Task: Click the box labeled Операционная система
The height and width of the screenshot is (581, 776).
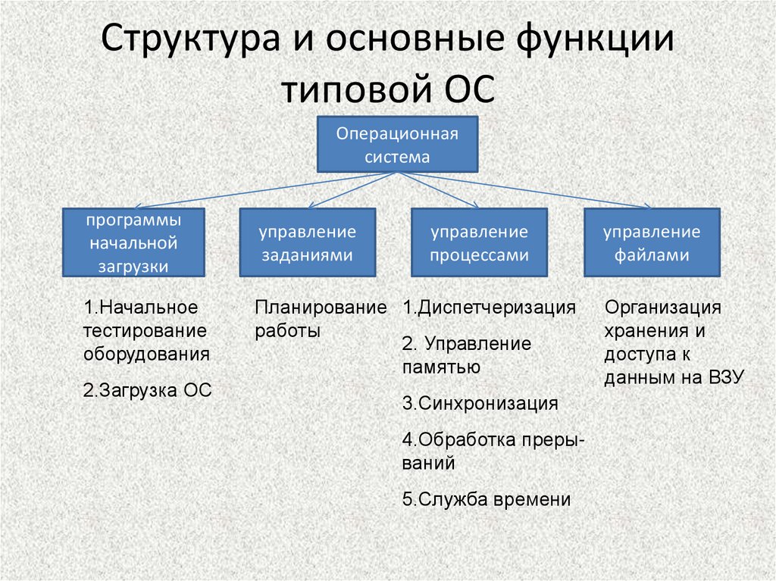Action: [397, 145]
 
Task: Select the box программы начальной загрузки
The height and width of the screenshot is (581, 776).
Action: [133, 242]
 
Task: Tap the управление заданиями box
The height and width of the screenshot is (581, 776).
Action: [308, 242]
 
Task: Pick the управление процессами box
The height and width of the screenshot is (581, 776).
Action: [479, 242]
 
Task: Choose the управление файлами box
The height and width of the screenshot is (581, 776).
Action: [652, 242]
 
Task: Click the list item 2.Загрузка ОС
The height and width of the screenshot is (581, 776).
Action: [147, 390]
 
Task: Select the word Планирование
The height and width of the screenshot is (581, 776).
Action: [321, 308]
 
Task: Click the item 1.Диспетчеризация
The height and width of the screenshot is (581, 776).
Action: [489, 308]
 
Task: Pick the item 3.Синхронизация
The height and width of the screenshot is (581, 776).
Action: [480, 404]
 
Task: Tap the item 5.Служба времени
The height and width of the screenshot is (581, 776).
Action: [487, 499]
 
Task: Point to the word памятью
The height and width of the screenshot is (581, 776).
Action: [441, 367]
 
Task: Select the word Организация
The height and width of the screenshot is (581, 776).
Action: [662, 308]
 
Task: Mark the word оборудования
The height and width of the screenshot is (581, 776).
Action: [146, 355]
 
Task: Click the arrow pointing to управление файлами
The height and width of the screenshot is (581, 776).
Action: [524, 190]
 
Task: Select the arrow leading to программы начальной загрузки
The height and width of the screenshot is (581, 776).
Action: [265, 190]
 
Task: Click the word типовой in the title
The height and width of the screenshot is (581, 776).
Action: [355, 89]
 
